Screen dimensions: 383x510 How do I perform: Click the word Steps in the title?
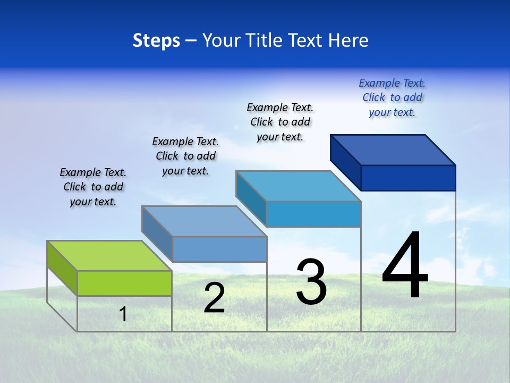click(x=156, y=40)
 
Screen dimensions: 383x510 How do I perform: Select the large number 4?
click(x=405, y=265)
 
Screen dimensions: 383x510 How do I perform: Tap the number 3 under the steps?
click(x=311, y=282)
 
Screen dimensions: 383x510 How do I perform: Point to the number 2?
click(x=214, y=298)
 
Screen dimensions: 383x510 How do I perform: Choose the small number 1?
click(x=123, y=314)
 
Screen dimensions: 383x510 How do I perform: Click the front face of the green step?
click(x=124, y=283)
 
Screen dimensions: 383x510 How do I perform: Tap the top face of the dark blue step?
click(x=393, y=149)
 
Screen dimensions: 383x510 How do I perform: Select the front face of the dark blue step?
click(x=408, y=178)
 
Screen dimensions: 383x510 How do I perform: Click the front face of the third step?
click(x=313, y=214)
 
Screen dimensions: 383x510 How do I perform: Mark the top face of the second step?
click(x=204, y=221)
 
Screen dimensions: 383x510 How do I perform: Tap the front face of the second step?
click(x=219, y=249)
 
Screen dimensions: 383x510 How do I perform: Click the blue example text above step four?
click(x=392, y=98)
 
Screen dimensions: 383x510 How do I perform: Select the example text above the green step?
click(x=93, y=187)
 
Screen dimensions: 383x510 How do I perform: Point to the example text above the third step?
click(x=280, y=122)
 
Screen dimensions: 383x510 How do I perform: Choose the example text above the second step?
click(x=185, y=156)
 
